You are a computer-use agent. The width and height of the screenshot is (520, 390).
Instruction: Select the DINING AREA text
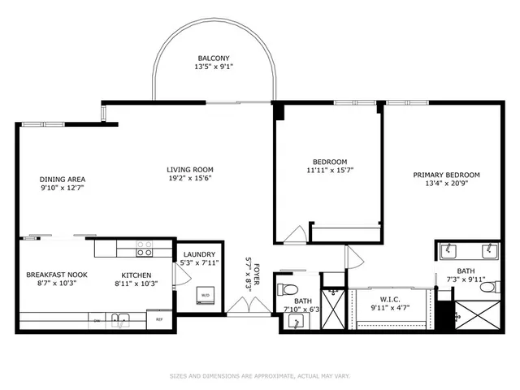63,180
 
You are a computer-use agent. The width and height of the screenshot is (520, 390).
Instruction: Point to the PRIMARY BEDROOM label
446,175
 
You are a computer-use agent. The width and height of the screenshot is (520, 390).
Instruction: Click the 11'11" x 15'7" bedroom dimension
330,171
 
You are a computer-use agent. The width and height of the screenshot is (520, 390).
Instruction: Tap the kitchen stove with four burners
145,247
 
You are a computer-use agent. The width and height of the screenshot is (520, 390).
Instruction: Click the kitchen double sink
119,318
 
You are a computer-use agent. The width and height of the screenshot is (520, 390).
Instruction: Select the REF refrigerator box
160,319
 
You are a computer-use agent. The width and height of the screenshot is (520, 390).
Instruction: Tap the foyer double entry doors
245,307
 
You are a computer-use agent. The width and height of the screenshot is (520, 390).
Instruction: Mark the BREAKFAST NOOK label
56,275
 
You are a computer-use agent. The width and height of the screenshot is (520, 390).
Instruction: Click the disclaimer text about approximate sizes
259,375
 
